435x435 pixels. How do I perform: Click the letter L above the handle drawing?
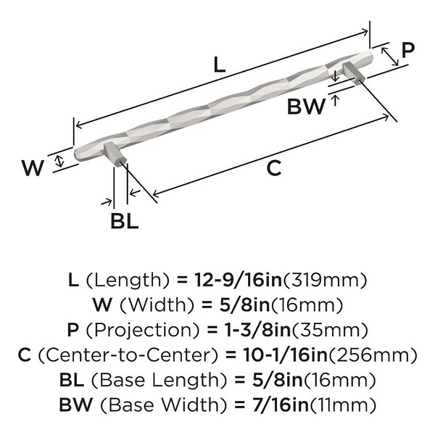pos(220,64)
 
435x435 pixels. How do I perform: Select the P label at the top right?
pos(408,50)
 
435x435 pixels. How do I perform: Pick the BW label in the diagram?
pos(306,107)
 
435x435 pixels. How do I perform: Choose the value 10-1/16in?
pos(280,355)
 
